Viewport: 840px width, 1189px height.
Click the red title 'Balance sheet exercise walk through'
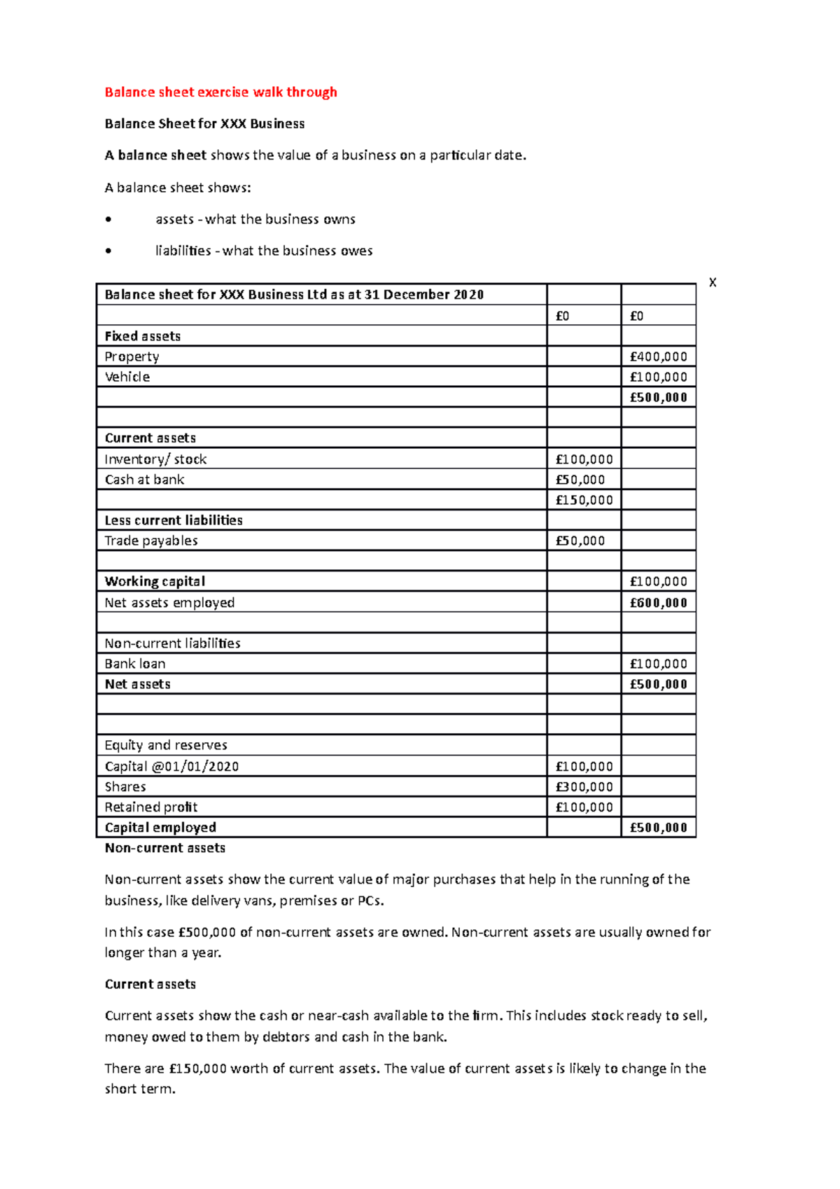[220, 92]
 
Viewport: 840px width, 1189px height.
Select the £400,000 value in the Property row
[658, 356]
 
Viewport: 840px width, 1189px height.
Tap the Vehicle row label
[127, 377]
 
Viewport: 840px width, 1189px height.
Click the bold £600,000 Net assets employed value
[658, 603]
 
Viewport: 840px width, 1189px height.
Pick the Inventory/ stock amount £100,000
[584, 459]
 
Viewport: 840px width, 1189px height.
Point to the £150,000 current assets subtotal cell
[584, 500]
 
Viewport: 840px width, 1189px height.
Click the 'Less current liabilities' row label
[174, 520]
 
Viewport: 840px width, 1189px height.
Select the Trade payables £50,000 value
[580, 541]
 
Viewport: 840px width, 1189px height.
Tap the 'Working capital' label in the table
[155, 581]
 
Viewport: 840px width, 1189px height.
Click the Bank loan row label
[135, 664]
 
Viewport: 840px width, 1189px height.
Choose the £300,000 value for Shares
[584, 787]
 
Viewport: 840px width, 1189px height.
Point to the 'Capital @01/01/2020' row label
[171, 767]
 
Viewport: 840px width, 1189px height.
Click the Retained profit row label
[151, 807]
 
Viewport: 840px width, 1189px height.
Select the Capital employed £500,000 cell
[658, 828]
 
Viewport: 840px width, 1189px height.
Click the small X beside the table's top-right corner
[713, 283]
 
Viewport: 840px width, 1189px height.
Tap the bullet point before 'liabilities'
[108, 251]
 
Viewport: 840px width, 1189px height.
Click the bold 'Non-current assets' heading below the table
[165, 848]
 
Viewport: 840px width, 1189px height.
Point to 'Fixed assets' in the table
[143, 336]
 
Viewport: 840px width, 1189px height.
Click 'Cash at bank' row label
[144, 480]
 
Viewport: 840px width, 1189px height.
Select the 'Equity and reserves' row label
[166, 745]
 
